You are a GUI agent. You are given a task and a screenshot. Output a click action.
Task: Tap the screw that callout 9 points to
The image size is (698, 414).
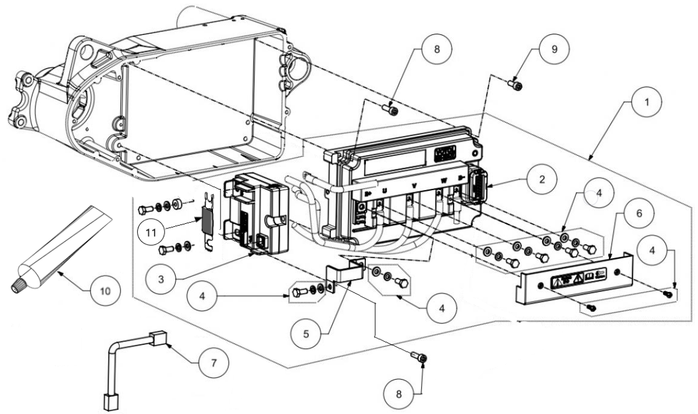(516, 85)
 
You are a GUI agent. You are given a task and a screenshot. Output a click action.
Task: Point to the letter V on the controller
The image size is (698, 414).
(414, 185)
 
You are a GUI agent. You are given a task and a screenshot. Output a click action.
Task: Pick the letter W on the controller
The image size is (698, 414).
(443, 180)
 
